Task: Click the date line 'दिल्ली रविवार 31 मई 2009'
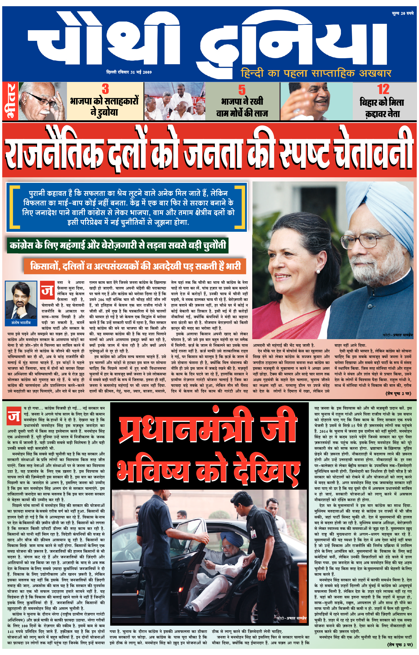[x=129, y=72]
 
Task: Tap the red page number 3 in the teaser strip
[x=105, y=89]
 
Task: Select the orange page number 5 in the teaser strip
[x=242, y=90]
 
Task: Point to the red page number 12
[x=383, y=89]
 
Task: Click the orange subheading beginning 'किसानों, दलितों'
[x=135, y=266]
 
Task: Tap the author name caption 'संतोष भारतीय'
[x=21, y=323]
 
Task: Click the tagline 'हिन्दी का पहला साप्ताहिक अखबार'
[x=316, y=73]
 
